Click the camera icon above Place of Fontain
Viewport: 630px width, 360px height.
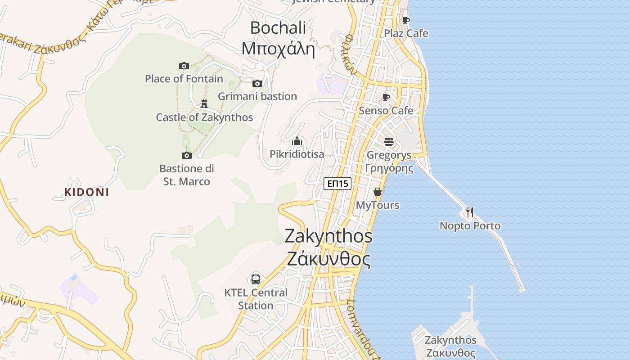[x=184, y=66]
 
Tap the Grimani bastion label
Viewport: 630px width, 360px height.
[x=257, y=96]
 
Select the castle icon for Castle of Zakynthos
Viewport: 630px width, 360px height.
[x=204, y=104]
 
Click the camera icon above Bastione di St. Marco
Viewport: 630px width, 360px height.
[x=187, y=155]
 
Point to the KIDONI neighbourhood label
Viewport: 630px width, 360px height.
[x=87, y=192]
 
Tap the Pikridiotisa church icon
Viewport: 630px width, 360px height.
[x=297, y=141]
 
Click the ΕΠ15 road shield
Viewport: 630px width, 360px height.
[x=337, y=183]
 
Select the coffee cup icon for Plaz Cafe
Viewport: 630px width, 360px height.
[x=406, y=20]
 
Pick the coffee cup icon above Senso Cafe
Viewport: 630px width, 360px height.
[x=386, y=97]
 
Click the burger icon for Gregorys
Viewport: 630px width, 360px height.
[x=389, y=142]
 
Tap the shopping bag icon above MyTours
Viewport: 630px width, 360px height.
[x=377, y=192]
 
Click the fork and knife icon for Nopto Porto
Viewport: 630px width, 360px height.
[x=470, y=212]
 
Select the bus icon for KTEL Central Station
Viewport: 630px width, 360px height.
[x=256, y=279]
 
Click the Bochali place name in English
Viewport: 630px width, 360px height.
[x=278, y=28]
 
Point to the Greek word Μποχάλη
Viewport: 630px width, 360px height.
[x=278, y=49]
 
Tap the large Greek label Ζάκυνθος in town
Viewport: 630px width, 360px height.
[x=329, y=260]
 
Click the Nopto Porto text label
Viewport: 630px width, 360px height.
[x=470, y=226]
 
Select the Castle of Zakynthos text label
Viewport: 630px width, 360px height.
[x=204, y=117]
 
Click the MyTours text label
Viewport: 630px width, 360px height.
[x=378, y=205]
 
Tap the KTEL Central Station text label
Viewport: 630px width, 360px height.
[x=256, y=299]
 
